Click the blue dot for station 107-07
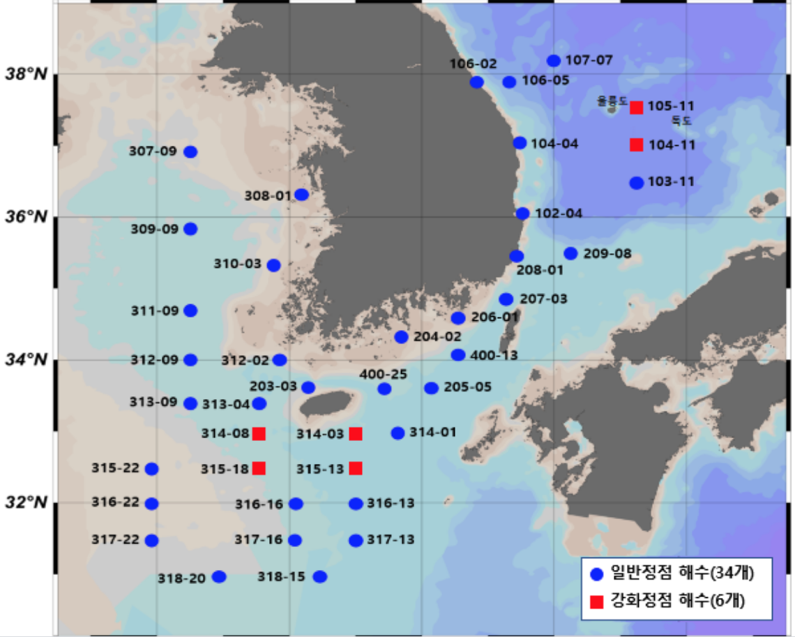(554, 61)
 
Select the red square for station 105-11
(637, 107)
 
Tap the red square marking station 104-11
(637, 145)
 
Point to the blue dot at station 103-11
(637, 183)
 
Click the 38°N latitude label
(26, 74)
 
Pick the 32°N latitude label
(26, 502)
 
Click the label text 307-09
(153, 151)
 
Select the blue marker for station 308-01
(302, 194)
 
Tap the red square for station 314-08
(259, 434)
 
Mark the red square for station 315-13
(356, 468)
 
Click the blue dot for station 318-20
(219, 576)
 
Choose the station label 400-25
(384, 375)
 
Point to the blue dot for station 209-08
(571, 253)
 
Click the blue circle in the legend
(596, 575)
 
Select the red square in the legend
(596, 601)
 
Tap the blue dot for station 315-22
(151, 468)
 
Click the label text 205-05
(467, 387)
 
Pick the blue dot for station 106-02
(477, 82)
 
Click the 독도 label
(681, 120)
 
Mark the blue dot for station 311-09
(190, 310)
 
